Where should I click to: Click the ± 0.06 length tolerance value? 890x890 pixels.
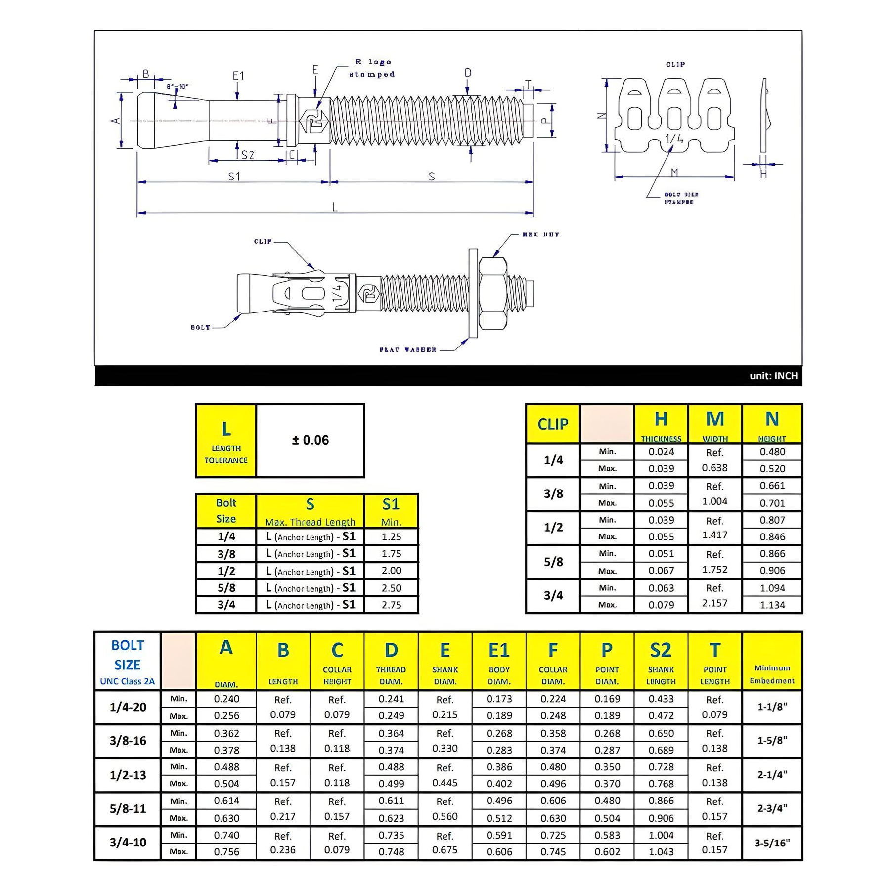(x=310, y=440)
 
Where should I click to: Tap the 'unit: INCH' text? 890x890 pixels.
(x=773, y=376)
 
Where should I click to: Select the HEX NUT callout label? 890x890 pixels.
(x=540, y=234)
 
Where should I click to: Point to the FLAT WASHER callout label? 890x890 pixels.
(x=408, y=350)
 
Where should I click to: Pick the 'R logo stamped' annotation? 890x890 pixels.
(x=372, y=68)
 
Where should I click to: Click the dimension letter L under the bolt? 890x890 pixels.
(x=335, y=207)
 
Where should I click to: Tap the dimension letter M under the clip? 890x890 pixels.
(x=674, y=172)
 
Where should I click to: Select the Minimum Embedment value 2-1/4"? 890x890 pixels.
(x=772, y=775)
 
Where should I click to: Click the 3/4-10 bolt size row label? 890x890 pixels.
(x=128, y=843)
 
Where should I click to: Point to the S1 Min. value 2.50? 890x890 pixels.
(x=391, y=588)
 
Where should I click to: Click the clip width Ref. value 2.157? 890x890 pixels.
(x=714, y=603)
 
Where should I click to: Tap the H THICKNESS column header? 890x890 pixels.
(x=661, y=424)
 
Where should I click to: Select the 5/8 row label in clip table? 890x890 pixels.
(x=553, y=562)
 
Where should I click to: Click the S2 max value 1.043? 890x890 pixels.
(x=661, y=851)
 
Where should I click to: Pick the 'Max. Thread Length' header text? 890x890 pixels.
(x=310, y=522)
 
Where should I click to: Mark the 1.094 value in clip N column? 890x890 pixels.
(x=772, y=588)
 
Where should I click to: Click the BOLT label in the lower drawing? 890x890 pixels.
(x=200, y=327)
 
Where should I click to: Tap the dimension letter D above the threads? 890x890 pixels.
(x=468, y=73)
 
